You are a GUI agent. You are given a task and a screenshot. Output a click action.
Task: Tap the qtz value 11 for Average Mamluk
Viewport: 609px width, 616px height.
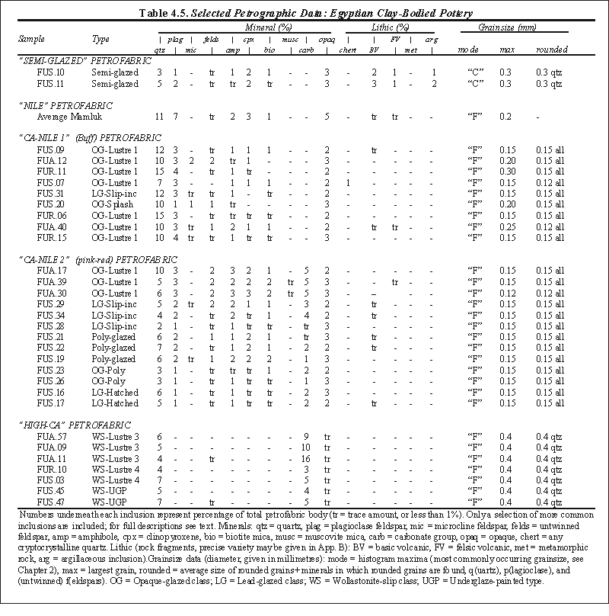tap(159, 117)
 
